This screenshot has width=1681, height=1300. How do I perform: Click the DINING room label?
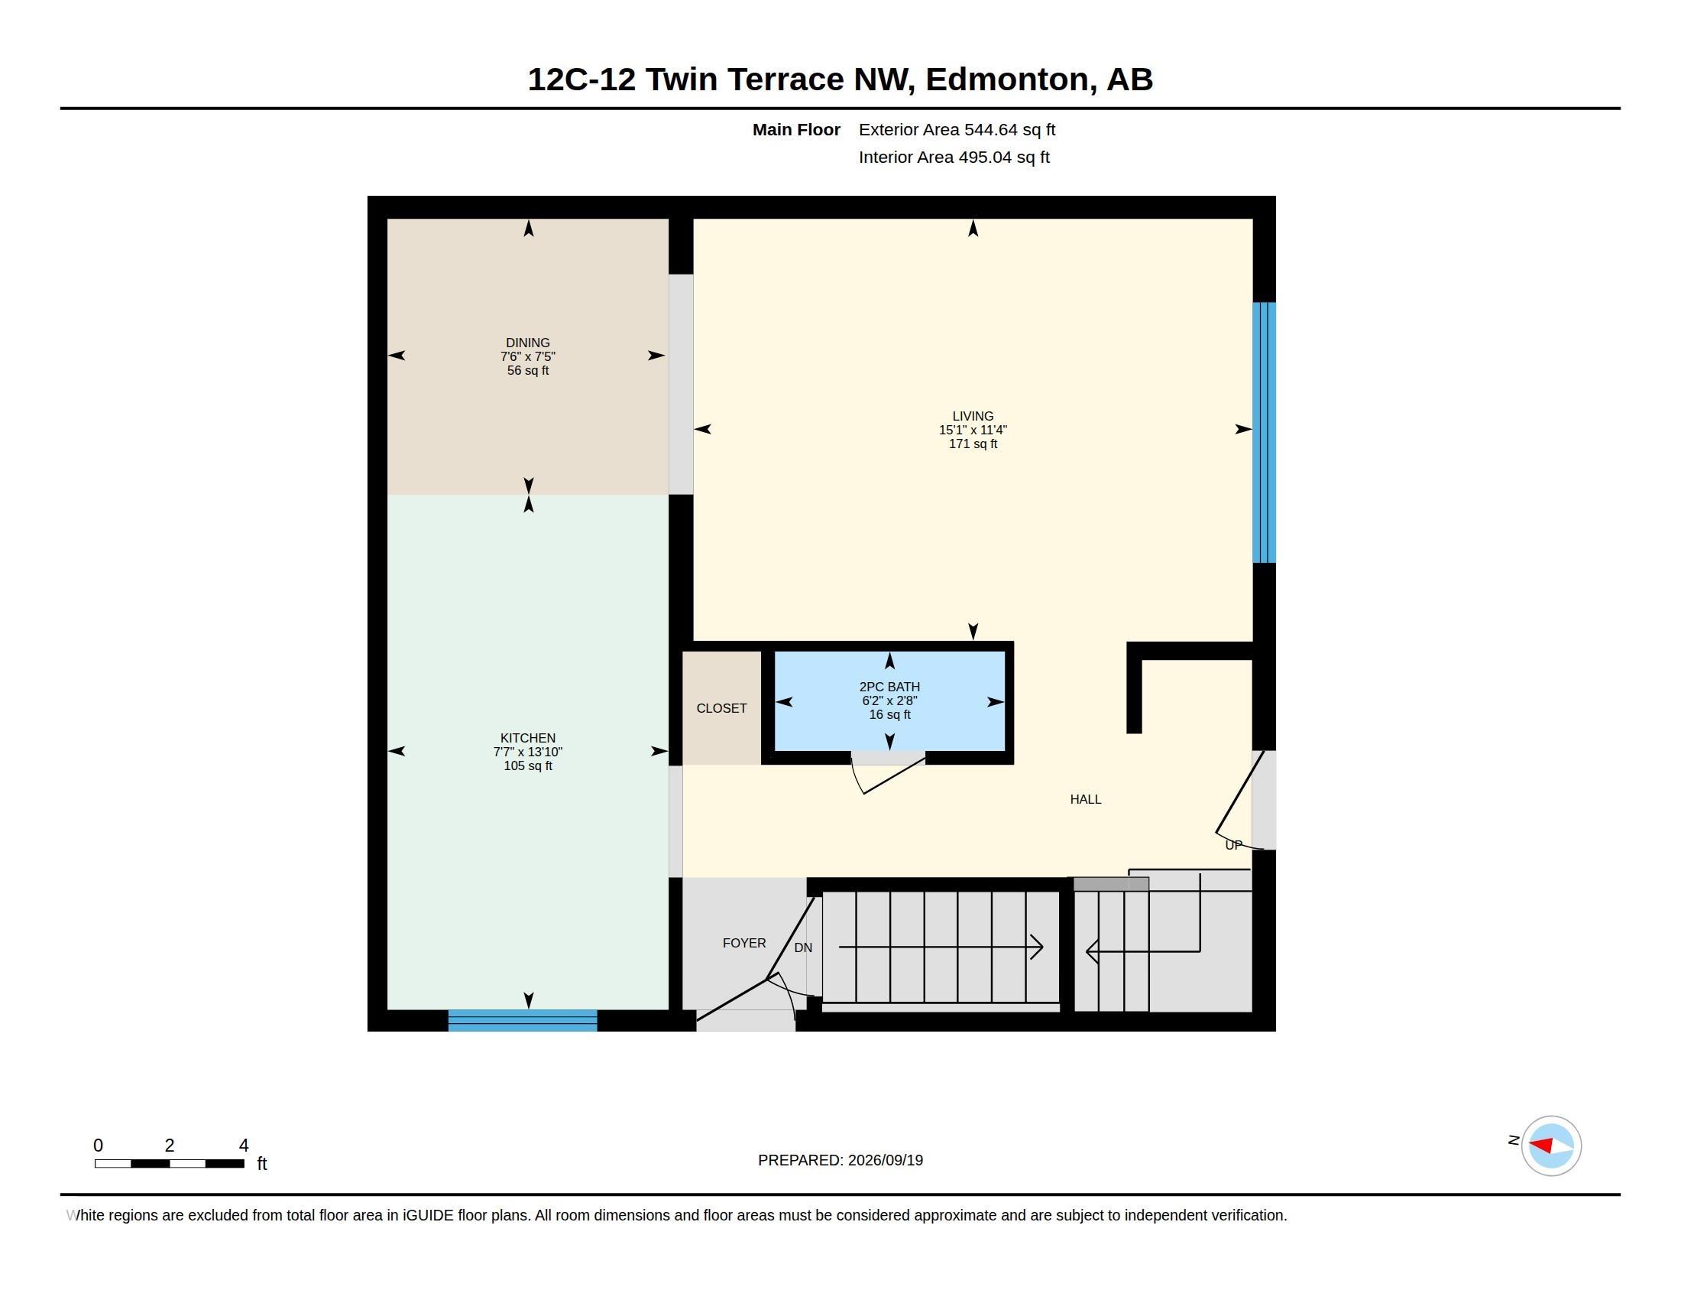[528, 343]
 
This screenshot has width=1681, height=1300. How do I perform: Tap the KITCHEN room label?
[528, 738]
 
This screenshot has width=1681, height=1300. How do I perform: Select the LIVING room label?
[973, 416]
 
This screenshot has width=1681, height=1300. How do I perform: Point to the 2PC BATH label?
[889, 687]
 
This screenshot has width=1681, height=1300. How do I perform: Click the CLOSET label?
[721, 709]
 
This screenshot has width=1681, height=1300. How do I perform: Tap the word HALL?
[1085, 799]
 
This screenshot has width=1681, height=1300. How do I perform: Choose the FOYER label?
[744, 943]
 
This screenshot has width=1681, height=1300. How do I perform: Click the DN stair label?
[803, 947]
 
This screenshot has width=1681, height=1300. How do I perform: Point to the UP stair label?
[1233, 845]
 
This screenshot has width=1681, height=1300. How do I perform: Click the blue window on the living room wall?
[1264, 432]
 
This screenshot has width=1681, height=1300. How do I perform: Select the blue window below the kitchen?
[523, 1020]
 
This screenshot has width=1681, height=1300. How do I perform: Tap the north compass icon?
[1551, 1146]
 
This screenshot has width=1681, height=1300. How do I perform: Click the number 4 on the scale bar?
[244, 1146]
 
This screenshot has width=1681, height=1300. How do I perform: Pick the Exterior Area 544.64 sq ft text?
[957, 129]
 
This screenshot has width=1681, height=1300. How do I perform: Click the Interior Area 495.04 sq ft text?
[954, 157]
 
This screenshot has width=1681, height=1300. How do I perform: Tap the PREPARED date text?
[840, 1160]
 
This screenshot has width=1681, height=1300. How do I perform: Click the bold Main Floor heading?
[796, 129]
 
